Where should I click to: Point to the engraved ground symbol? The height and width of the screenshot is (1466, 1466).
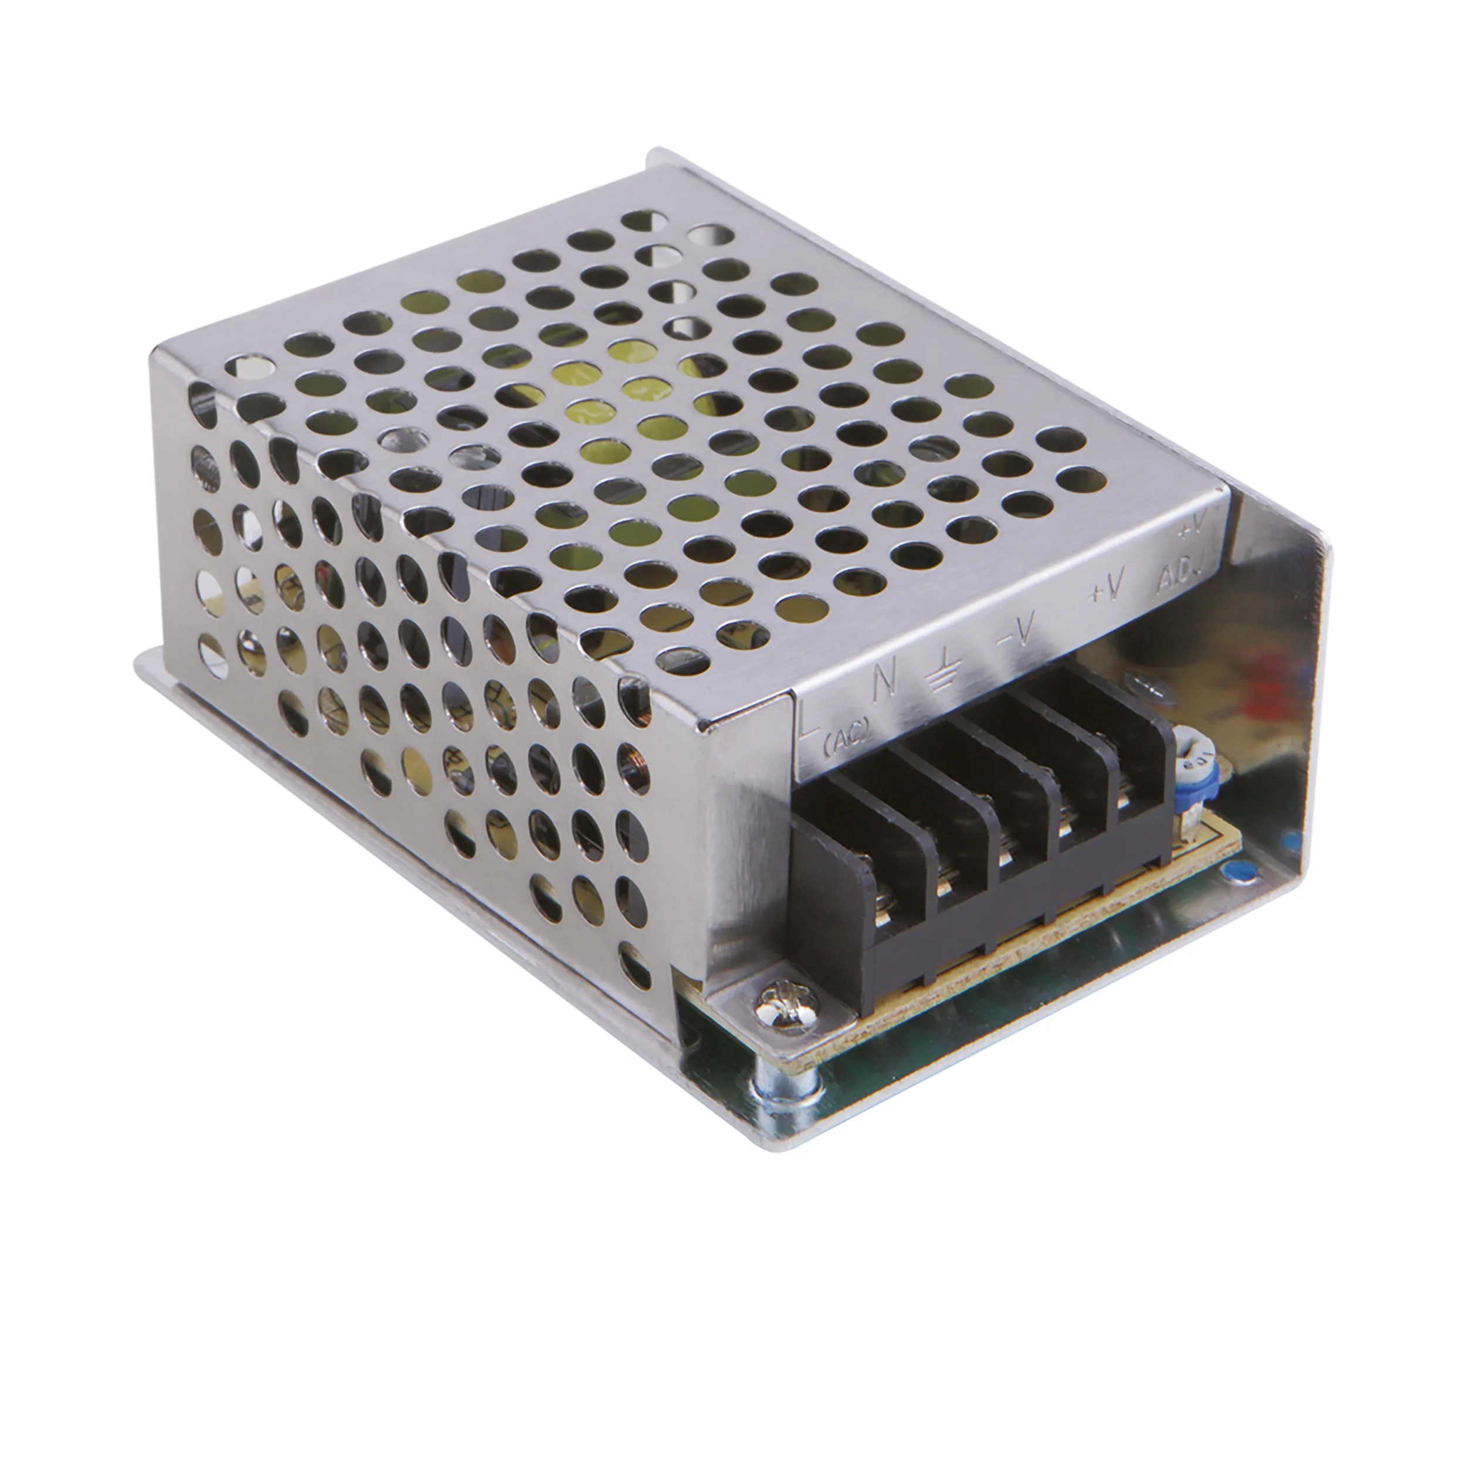[x=941, y=668]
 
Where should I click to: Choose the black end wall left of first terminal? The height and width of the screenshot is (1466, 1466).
[x=827, y=903]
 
